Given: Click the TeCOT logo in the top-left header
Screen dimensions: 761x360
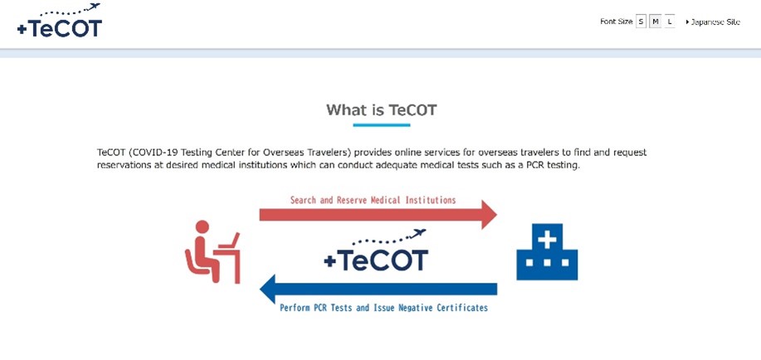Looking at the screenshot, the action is pos(59,21).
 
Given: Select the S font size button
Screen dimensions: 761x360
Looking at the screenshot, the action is pos(641,22).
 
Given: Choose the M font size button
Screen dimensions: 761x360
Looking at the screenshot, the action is pos(656,22).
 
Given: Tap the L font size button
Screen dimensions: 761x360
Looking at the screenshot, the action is pos(670,22).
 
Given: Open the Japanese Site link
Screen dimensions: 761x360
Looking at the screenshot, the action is pos(713,22).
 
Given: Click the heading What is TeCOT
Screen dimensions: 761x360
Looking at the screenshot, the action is pos(382,109).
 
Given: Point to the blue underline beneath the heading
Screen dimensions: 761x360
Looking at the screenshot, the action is pos(382,125).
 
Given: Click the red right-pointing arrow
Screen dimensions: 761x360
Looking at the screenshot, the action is pos(378,214).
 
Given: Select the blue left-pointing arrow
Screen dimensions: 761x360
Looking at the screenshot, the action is pos(378,289).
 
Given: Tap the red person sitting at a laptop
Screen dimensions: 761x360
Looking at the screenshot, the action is pos(212,252).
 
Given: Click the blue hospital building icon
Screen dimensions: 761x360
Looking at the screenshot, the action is pos(547,252).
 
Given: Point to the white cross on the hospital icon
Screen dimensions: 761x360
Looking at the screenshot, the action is pos(547,240).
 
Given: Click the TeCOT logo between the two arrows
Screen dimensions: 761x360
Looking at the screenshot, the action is pos(376,251).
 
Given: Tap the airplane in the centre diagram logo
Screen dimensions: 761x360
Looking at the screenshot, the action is pos(417,234).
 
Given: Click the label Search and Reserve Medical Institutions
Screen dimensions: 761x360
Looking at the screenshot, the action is pos(373,200).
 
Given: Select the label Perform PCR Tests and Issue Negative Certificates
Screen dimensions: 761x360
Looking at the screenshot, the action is pos(383,308).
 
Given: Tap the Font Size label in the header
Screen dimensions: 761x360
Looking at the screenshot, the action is pos(617,22).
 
